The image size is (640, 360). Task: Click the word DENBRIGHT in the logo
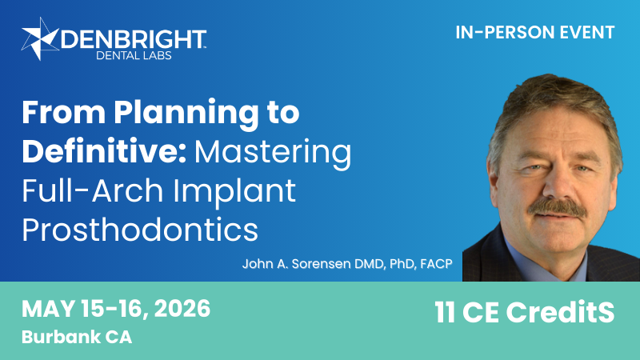pos(134,38)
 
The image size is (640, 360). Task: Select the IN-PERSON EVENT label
pos(534,33)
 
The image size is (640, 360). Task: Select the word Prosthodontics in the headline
pos(140,230)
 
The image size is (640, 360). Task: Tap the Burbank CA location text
pos(77,337)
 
